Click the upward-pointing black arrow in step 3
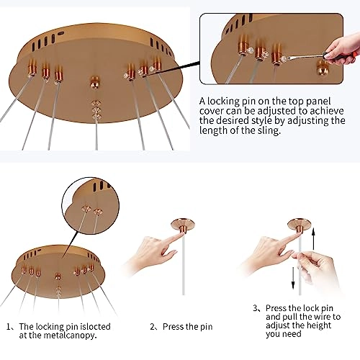(x=313, y=239)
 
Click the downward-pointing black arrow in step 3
(x=293, y=279)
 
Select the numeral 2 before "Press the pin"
(x=153, y=327)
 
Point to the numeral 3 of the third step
(x=256, y=308)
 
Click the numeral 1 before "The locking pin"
(x=9, y=327)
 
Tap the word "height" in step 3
(x=318, y=325)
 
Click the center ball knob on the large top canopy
(x=95, y=82)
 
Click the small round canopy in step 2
(x=183, y=225)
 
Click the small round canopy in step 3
(x=300, y=225)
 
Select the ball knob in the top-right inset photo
(x=323, y=68)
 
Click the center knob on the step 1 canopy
(x=58, y=276)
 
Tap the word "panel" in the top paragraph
(x=319, y=102)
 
